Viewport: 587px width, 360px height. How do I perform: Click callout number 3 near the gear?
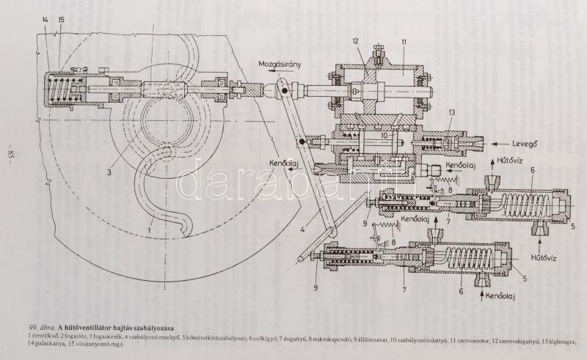coord(108,174)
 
